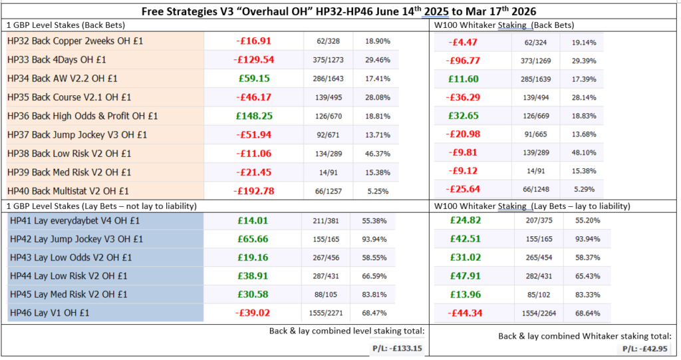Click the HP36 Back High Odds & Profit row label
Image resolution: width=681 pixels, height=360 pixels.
point(82,116)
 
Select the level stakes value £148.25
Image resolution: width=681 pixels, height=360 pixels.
point(254,116)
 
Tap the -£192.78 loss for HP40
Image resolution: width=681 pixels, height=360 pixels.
point(254,191)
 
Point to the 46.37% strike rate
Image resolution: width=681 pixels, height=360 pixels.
point(377,153)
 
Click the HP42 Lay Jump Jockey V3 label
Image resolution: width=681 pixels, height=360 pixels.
point(76,239)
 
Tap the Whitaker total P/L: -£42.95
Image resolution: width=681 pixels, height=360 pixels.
point(644,347)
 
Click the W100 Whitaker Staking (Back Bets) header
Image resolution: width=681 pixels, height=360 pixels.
point(503,25)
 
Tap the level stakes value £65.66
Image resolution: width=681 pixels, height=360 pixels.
point(254,239)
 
